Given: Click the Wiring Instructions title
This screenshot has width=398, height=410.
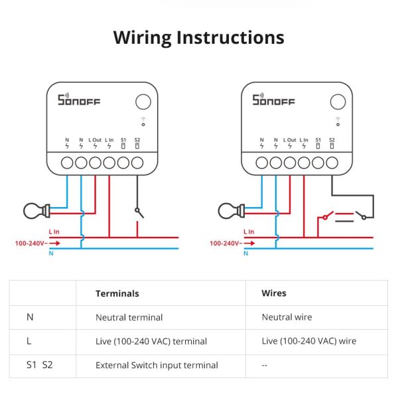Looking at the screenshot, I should point(198,37).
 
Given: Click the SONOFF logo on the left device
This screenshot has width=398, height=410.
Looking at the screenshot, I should point(79,100).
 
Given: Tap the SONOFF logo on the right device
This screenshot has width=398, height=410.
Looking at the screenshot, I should point(273,100).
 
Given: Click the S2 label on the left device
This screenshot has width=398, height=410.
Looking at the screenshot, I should point(137,140).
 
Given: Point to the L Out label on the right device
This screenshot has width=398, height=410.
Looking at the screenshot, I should point(290,140).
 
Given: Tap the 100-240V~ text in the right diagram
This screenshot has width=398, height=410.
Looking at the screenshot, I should point(224,243).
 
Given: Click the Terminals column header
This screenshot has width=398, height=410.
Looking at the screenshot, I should point(117,293).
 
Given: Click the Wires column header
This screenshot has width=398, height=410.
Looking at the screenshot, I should point(274,293).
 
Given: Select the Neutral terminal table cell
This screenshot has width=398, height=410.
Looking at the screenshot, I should point(129,317).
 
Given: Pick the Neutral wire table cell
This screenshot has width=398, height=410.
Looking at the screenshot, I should point(287,317).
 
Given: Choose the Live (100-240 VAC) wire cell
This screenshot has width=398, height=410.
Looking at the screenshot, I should point(309,341).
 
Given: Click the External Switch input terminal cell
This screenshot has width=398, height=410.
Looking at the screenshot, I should point(157,365).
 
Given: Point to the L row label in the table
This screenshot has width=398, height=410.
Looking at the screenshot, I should point(29,341).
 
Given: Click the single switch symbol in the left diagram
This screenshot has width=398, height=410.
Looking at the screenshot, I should point(139,212).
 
